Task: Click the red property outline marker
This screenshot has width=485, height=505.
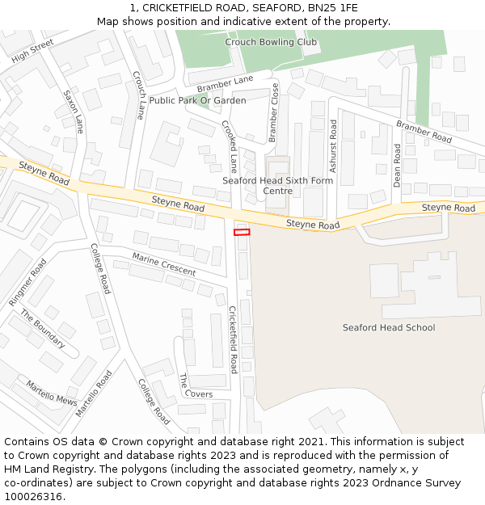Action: click(x=242, y=232)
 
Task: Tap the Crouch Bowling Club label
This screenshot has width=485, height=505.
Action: click(x=271, y=42)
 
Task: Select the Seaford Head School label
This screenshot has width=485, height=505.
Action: click(x=389, y=327)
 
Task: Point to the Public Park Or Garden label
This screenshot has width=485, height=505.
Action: click(x=198, y=100)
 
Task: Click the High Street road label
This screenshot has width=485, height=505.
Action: click(x=32, y=50)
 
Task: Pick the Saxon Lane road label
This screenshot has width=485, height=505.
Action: click(x=74, y=112)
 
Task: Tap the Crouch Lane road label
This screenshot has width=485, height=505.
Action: click(x=139, y=95)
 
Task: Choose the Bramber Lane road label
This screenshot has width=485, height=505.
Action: click(x=225, y=82)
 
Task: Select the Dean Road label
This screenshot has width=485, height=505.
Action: click(x=397, y=166)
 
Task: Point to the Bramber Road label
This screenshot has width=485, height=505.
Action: click(x=424, y=133)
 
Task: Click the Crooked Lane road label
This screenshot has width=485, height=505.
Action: click(x=230, y=146)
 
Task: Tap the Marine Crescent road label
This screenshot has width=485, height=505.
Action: click(x=164, y=264)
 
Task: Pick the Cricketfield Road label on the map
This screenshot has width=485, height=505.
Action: click(x=233, y=339)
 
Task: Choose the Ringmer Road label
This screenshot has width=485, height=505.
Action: click(x=28, y=282)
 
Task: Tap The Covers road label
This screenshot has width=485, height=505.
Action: click(x=196, y=386)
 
